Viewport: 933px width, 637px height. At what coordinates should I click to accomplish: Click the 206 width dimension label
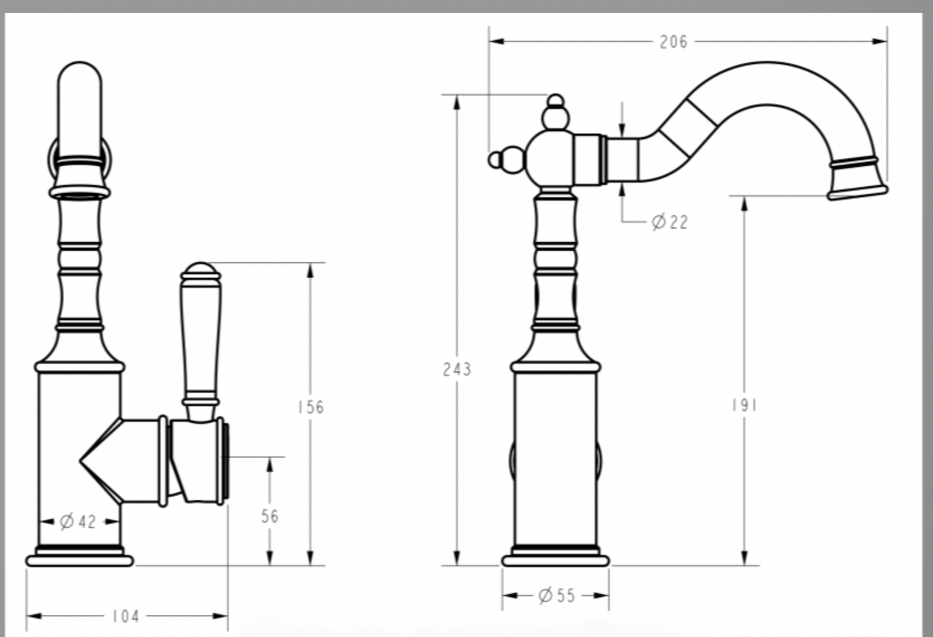[673, 42]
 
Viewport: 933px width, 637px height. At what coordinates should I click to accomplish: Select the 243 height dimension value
[456, 370]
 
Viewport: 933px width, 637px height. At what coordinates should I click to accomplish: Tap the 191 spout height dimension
[744, 405]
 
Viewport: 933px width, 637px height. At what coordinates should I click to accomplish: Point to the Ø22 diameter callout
[670, 222]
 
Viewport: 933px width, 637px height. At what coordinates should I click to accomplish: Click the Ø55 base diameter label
[556, 595]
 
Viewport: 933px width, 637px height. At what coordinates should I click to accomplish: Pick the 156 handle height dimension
[311, 407]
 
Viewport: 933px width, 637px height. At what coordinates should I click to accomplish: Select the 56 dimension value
[270, 516]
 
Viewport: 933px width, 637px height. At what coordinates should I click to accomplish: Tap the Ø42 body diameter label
[78, 521]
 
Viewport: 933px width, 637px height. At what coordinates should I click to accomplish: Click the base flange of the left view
[79, 559]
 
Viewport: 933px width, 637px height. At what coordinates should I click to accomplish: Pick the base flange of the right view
[555, 559]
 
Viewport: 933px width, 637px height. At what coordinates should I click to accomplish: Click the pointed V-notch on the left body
[84, 461]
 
